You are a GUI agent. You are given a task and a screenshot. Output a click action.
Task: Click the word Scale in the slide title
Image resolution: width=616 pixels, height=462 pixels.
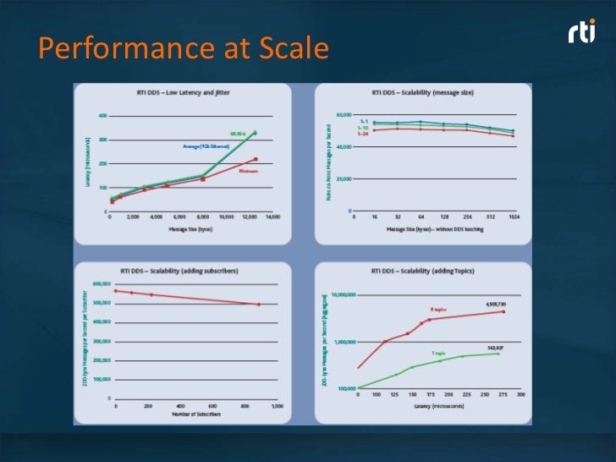[x=289, y=50]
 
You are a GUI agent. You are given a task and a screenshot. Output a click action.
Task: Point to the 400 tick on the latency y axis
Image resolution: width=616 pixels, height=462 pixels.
[x=103, y=115]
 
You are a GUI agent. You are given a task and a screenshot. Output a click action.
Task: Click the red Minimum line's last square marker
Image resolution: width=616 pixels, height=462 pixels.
[x=256, y=159]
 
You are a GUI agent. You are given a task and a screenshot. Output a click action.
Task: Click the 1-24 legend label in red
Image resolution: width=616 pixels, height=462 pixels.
[x=362, y=134]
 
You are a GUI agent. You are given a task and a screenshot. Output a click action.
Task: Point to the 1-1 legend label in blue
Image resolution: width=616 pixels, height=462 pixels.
[x=363, y=122]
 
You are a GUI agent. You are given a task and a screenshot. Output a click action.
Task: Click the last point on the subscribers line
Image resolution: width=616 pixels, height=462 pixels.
[x=259, y=305]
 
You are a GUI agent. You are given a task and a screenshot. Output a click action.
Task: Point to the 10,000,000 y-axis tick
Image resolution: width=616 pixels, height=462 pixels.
[x=342, y=295]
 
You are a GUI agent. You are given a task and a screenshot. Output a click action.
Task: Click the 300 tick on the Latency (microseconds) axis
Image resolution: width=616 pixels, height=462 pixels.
[x=521, y=394]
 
